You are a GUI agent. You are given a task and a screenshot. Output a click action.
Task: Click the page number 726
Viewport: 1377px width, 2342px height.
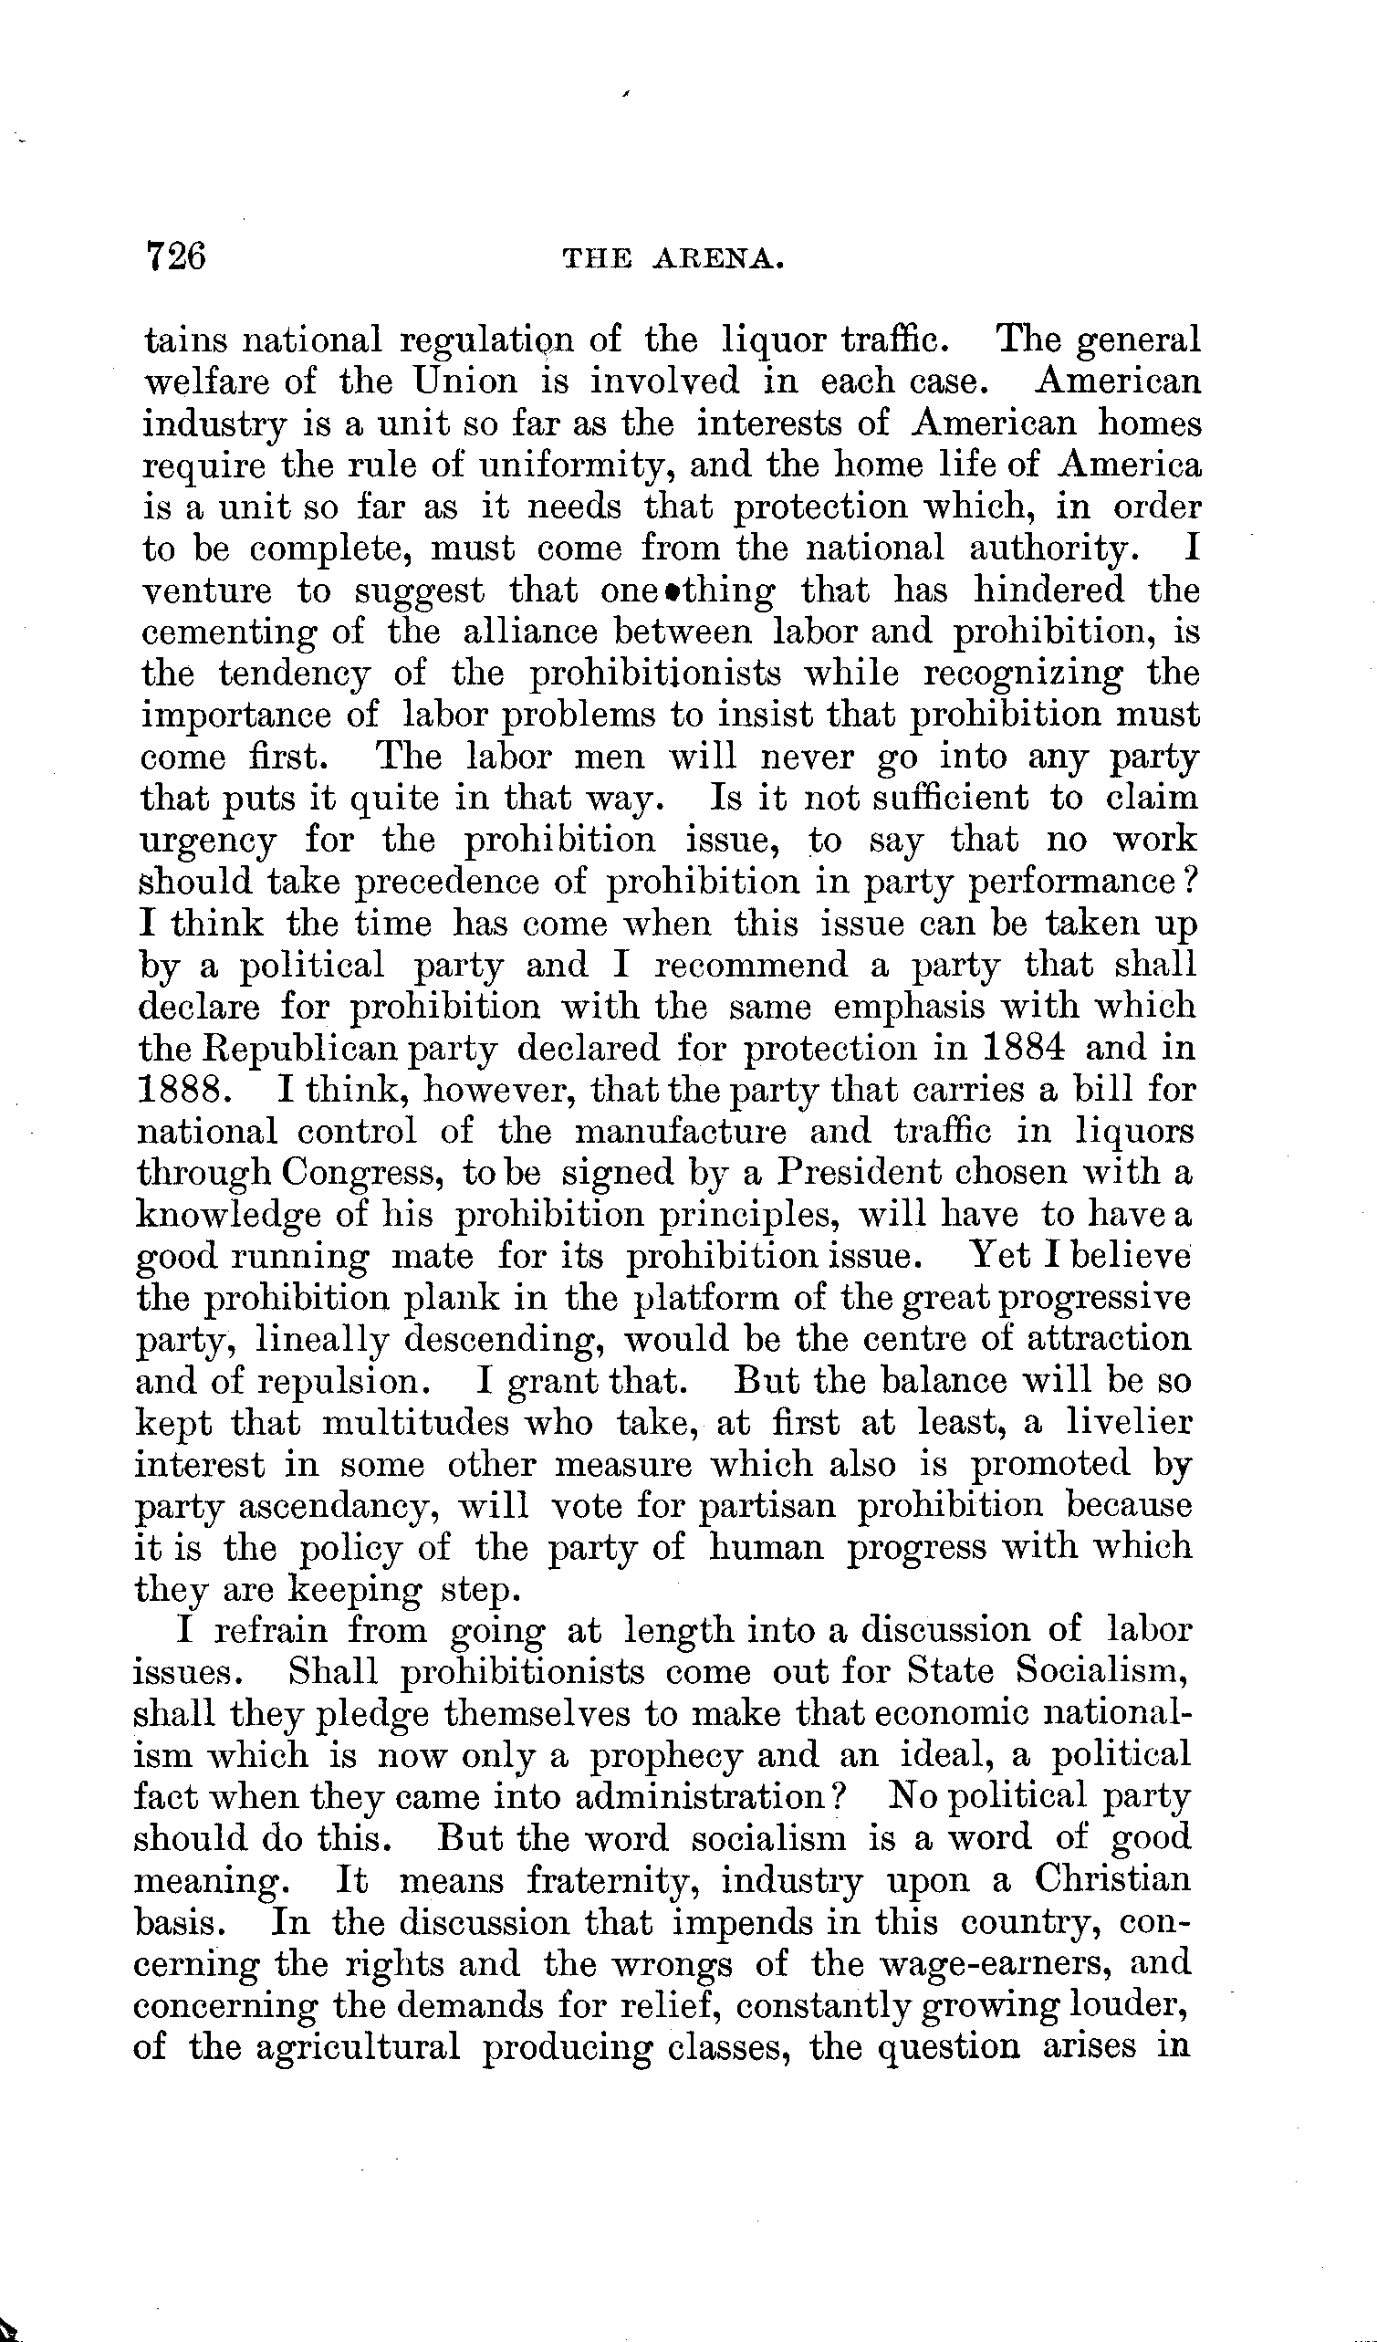tap(174, 255)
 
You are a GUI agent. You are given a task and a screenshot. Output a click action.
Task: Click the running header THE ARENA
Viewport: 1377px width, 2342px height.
tap(674, 260)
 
